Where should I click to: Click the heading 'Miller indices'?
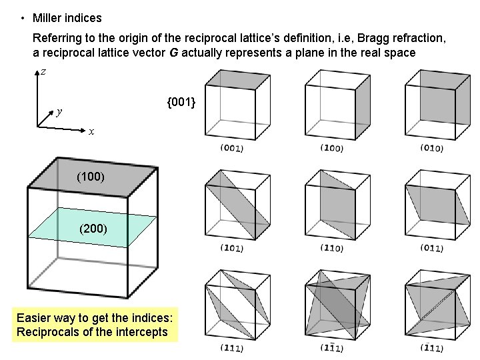point(67,18)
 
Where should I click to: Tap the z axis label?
point(43,71)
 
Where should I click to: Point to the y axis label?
point(60,111)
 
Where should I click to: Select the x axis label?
point(91,132)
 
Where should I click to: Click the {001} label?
point(181,102)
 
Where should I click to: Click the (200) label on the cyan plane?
point(92,229)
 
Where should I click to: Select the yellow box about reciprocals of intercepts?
point(95,325)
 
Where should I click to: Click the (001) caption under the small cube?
point(231,147)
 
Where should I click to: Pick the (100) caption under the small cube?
point(331,147)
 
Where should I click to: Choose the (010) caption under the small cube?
point(432,147)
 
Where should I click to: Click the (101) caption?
point(231,248)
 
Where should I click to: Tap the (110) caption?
point(331,248)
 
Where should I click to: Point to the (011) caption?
point(432,248)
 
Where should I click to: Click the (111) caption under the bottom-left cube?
point(231,347)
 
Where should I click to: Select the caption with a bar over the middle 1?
point(331,347)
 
